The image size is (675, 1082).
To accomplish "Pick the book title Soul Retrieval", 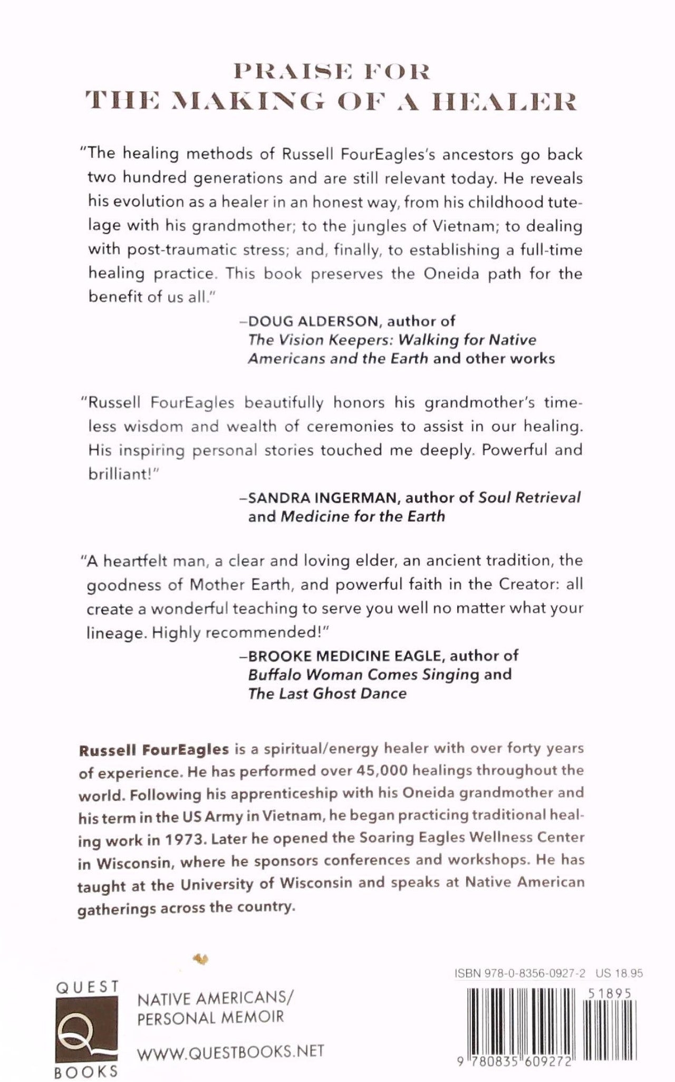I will pyautogui.click(x=529, y=497).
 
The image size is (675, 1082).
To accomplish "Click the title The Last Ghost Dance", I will pyautogui.click(x=327, y=693).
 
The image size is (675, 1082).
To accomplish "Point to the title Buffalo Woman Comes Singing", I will pyautogui.click(x=364, y=674).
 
